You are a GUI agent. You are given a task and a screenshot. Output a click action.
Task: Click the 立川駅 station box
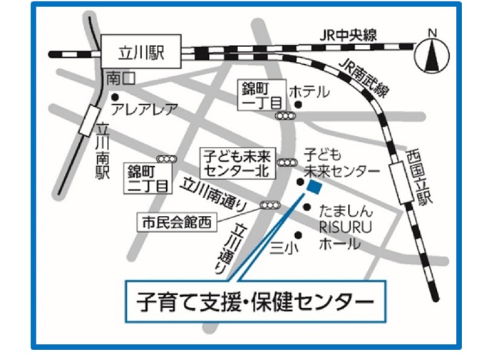(x=140, y=52)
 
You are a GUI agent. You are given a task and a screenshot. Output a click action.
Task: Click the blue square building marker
(x=313, y=187)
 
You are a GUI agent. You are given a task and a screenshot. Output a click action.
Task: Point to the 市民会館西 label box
(x=175, y=222)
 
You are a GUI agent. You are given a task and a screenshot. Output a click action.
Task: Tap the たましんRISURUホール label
(x=341, y=227)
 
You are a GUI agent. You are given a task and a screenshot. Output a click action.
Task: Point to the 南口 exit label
(x=118, y=78)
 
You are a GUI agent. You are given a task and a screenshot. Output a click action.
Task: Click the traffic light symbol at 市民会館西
(x=269, y=205)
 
